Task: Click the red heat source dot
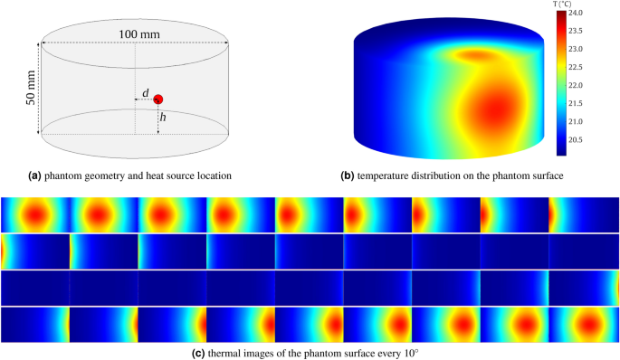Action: [x=158, y=99]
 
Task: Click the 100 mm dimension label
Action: [x=136, y=34]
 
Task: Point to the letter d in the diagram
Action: [x=145, y=93]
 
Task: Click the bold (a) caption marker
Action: [x=35, y=175]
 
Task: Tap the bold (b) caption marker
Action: [x=348, y=175]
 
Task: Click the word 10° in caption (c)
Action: [x=414, y=352]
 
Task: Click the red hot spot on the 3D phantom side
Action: [x=492, y=112]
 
